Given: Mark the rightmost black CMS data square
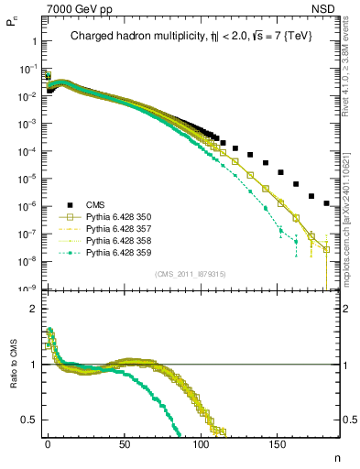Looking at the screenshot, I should point(327,203).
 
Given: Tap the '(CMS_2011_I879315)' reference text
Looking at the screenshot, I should point(187,274).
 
